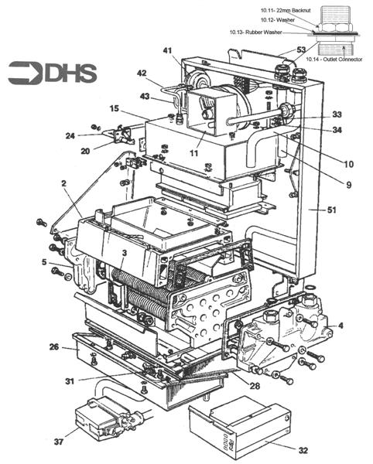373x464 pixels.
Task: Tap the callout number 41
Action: [168, 51]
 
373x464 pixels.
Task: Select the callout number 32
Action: [303, 450]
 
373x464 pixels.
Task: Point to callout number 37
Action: [59, 442]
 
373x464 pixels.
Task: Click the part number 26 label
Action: [54, 346]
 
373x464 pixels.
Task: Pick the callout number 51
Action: [332, 210]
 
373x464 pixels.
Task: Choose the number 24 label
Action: [70, 136]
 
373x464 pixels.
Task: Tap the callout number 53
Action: [301, 49]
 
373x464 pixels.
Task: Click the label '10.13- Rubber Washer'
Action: [256, 32]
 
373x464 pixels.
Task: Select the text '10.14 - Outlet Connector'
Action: [334, 60]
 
